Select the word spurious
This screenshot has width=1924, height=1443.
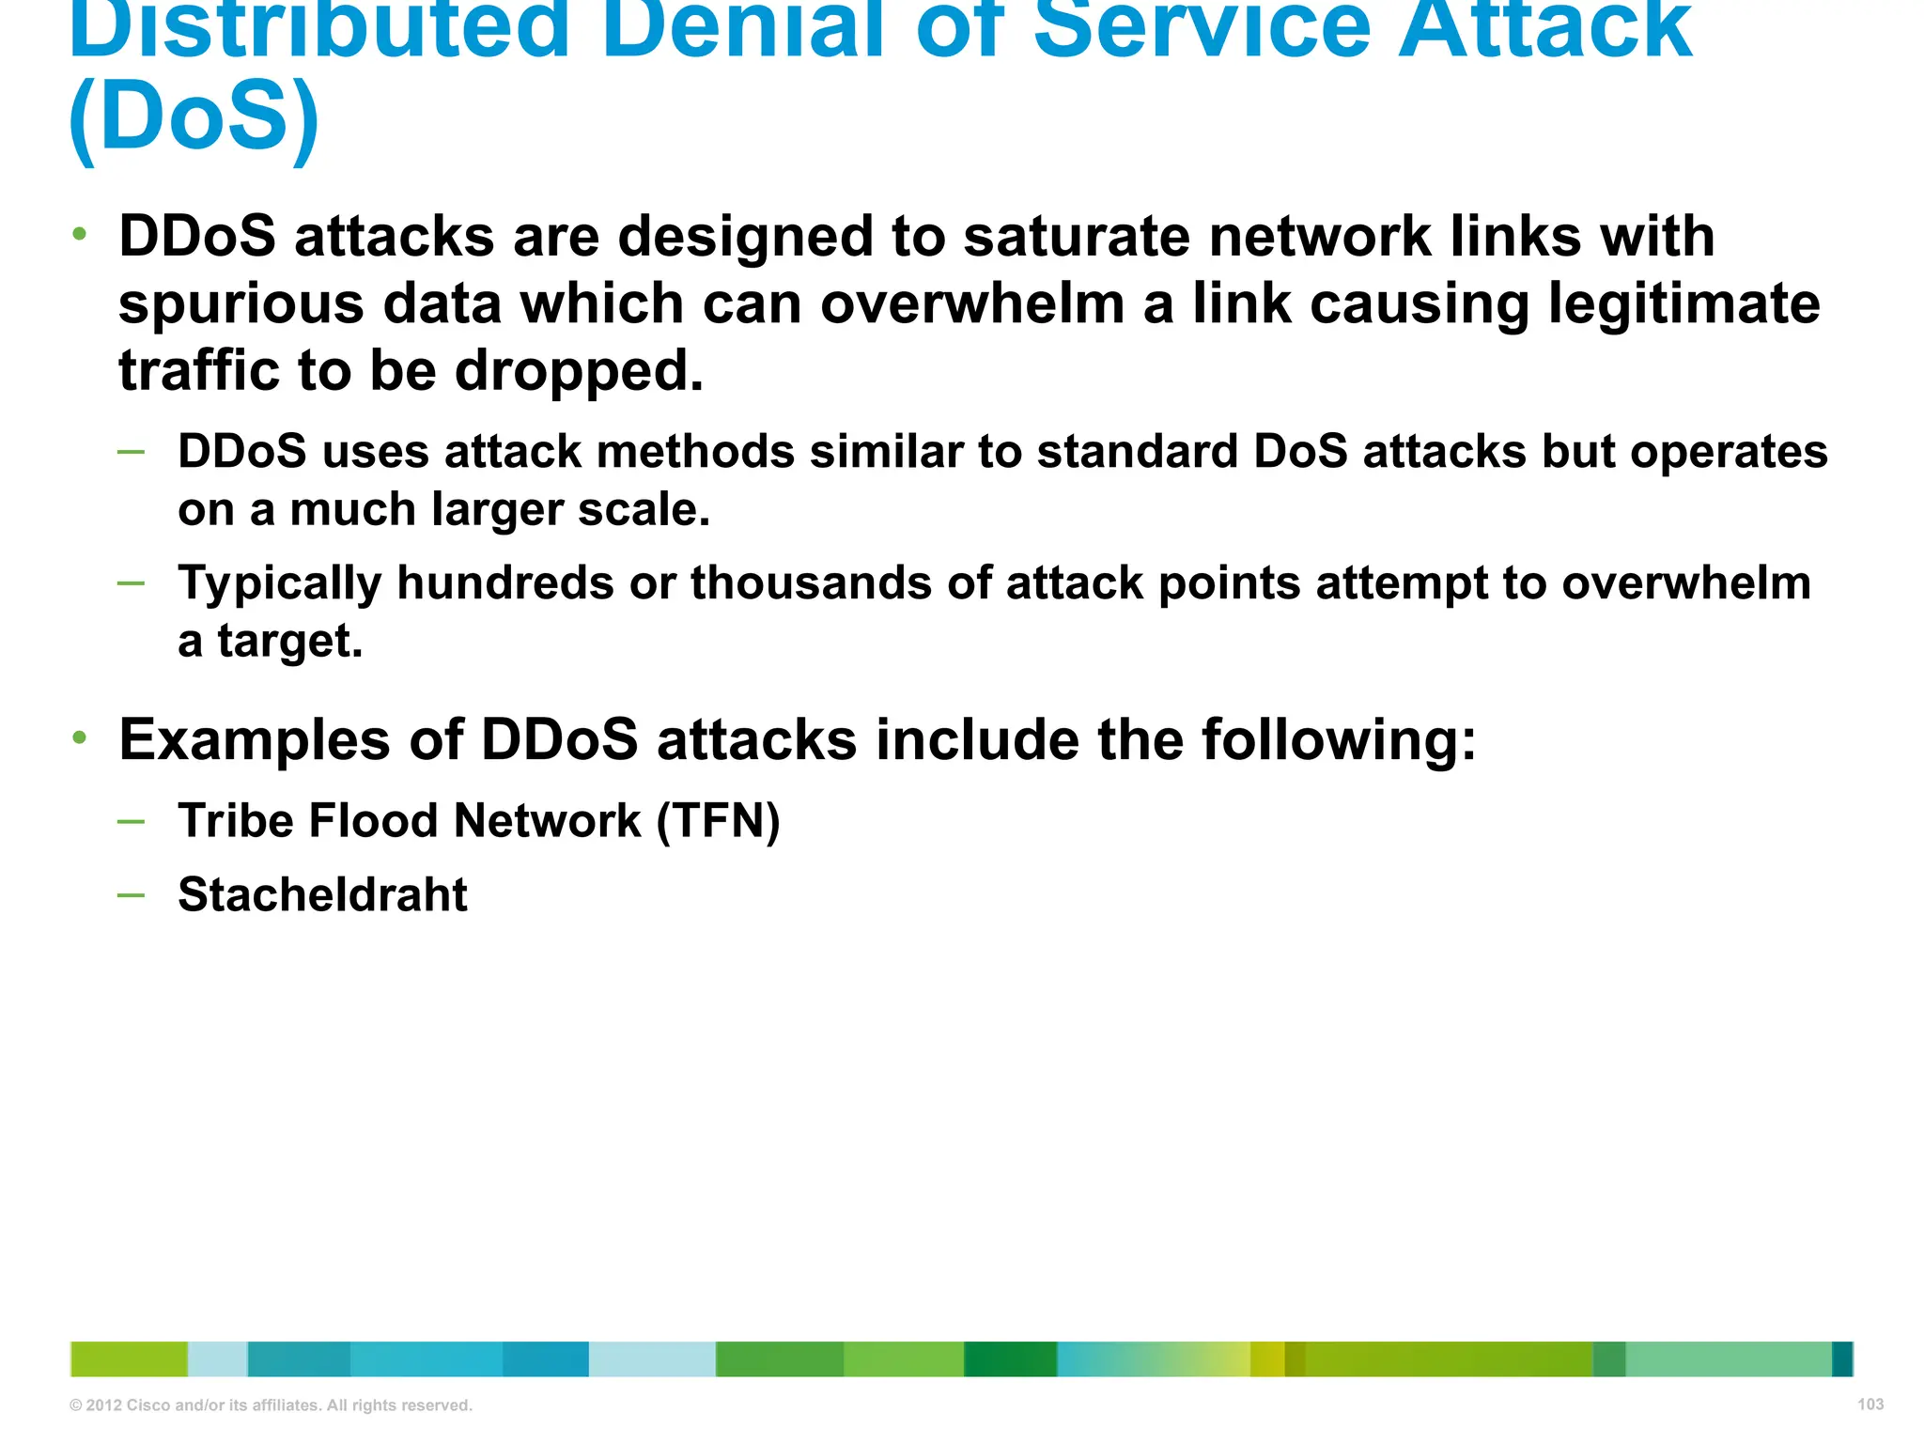click(241, 304)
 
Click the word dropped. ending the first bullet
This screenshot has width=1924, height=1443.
click(579, 371)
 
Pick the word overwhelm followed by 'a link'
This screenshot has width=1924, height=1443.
click(972, 304)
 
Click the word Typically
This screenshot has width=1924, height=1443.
click(280, 584)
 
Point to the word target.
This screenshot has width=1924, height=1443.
click(289, 642)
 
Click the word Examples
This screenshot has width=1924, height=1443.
click(254, 741)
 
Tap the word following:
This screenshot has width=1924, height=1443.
click(1339, 741)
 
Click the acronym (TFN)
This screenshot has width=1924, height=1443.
click(718, 821)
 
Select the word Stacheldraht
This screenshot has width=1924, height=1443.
click(322, 894)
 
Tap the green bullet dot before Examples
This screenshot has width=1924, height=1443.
click(81, 737)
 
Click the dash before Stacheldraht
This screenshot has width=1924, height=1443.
click(132, 895)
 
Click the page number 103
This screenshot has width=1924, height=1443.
click(1870, 1404)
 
